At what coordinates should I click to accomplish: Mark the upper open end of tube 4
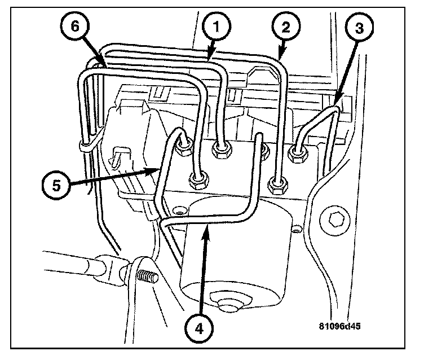click(260, 136)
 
